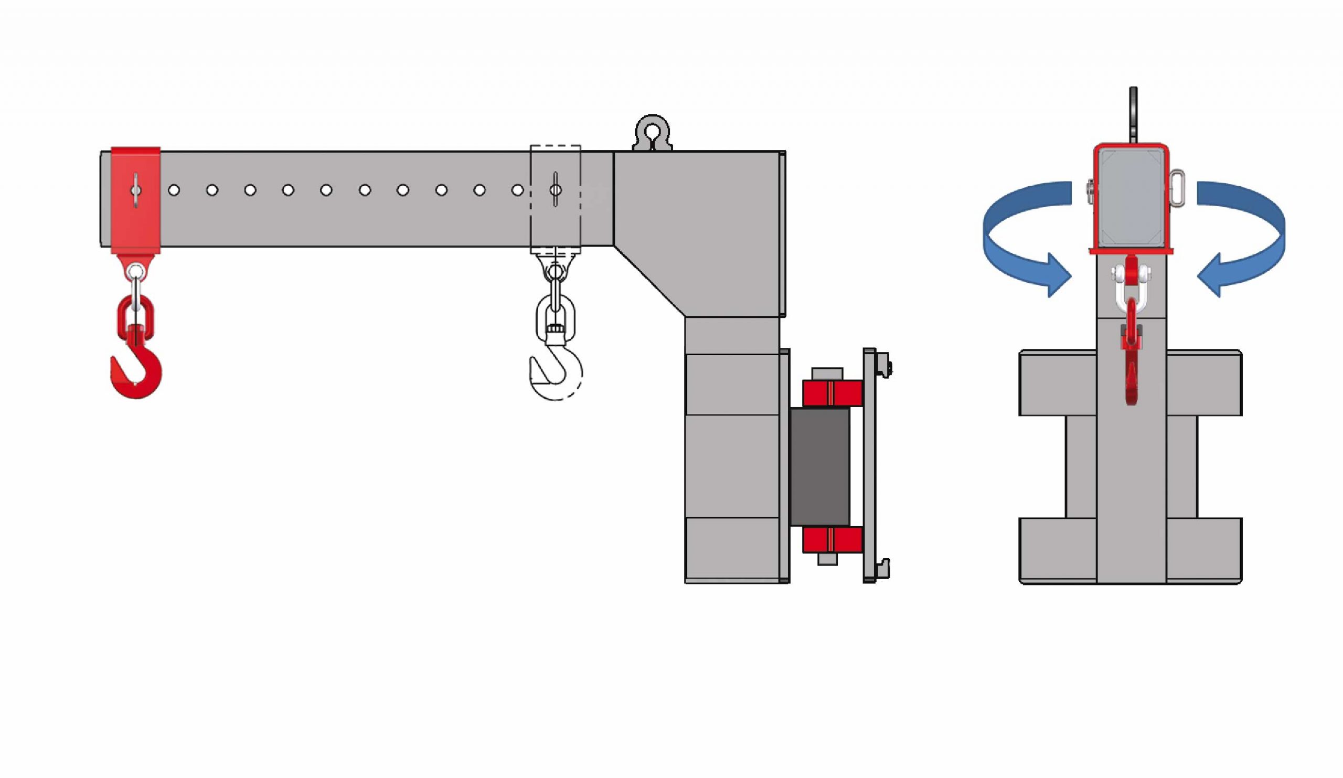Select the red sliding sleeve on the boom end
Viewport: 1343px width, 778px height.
pyautogui.click(x=136, y=200)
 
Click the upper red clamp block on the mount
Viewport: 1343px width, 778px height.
pyautogui.click(x=833, y=393)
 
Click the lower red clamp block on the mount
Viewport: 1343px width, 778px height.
pyautogui.click(x=833, y=539)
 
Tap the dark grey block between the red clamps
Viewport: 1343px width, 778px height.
pyautogui.click(x=819, y=467)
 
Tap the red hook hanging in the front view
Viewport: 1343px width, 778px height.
pyautogui.click(x=1132, y=368)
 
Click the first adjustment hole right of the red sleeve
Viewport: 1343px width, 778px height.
pyautogui.click(x=174, y=190)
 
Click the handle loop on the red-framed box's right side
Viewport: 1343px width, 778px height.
pyautogui.click(x=1178, y=188)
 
